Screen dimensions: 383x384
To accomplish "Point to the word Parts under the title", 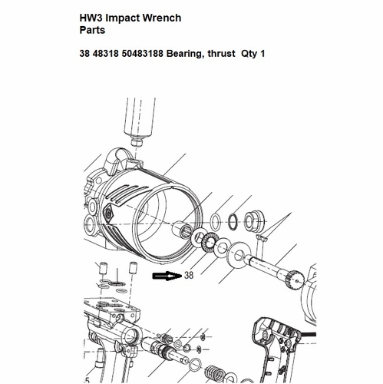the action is [92, 30].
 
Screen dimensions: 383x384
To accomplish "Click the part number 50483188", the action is [143, 54].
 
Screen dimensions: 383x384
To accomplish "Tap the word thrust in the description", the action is [222, 54].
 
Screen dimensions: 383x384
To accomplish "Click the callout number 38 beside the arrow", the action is [189, 275].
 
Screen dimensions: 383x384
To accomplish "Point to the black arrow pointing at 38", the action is [167, 276].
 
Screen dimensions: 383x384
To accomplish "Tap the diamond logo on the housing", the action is [109, 214].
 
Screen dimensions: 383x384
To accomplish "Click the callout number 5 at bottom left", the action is [87, 380].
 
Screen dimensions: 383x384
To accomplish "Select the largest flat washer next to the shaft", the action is [237, 255].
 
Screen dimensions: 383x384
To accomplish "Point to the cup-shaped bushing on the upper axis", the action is [253, 221].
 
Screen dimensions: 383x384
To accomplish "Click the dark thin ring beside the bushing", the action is [233, 221].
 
